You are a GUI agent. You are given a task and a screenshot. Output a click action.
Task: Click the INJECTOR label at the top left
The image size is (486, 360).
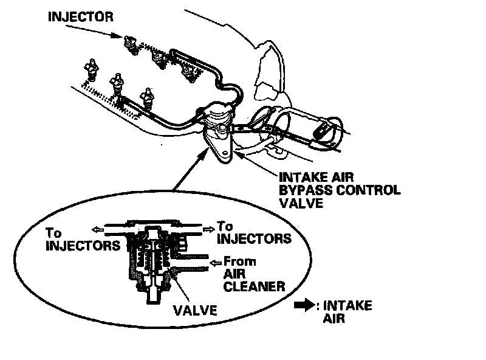80,16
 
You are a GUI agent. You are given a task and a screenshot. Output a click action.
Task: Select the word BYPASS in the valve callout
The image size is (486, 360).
304,190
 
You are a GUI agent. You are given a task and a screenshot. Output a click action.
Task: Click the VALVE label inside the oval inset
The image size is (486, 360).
195,310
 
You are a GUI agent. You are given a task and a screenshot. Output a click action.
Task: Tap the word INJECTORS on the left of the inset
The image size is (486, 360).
82,246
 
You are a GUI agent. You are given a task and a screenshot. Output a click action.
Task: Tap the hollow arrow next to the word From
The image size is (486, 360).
214,263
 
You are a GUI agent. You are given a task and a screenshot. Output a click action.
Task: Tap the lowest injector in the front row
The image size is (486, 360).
146,97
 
